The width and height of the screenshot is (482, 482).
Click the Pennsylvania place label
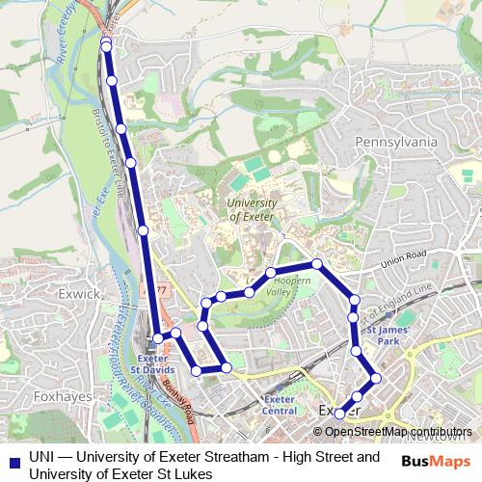click(x=397, y=142)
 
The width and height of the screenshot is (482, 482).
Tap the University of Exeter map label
click(x=253, y=210)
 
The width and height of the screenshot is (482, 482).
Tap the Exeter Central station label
click(x=280, y=405)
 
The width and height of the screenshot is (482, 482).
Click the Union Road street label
click(x=403, y=260)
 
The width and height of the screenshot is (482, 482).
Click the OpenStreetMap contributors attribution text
click(x=398, y=432)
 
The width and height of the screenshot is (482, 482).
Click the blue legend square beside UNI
click(x=13, y=460)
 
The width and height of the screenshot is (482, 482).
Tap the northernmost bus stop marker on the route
click(x=106, y=45)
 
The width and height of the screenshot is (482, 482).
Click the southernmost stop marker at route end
click(x=339, y=415)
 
